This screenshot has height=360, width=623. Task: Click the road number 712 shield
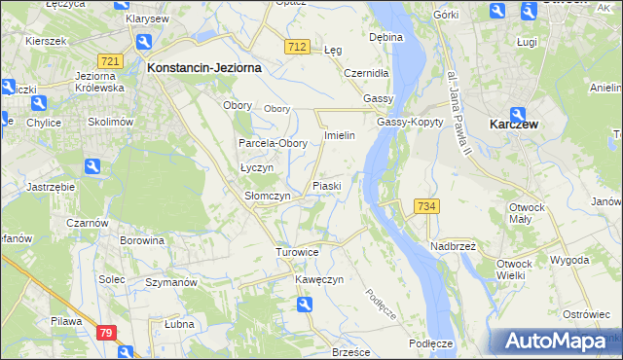pos(297,48)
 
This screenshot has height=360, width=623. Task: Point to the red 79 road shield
pos(107,333)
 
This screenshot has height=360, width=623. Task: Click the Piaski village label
pos(325,186)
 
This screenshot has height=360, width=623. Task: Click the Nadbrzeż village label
pos(452,246)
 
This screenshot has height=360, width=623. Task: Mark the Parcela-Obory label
pos(274,143)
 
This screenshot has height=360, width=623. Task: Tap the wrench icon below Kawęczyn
pos(306,306)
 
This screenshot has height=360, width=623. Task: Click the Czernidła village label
pos(367,73)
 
